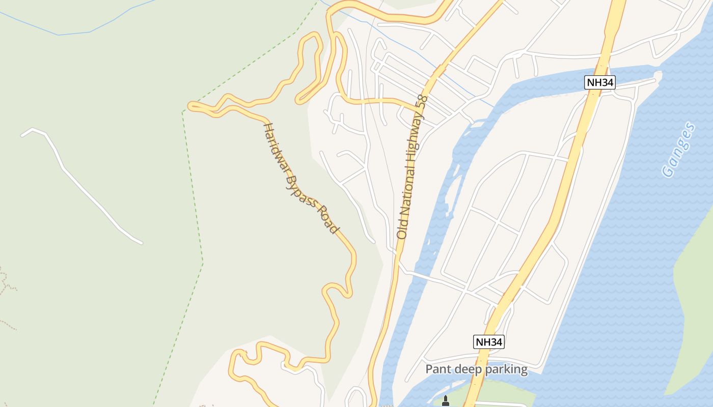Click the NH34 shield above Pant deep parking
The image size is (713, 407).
click(489, 342)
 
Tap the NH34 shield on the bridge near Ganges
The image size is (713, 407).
click(599, 82)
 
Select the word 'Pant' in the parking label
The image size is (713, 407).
click(436, 369)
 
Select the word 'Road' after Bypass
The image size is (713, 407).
click(328, 219)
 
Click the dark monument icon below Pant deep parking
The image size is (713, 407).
click(446, 401)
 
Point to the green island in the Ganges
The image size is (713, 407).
click(695, 305)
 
